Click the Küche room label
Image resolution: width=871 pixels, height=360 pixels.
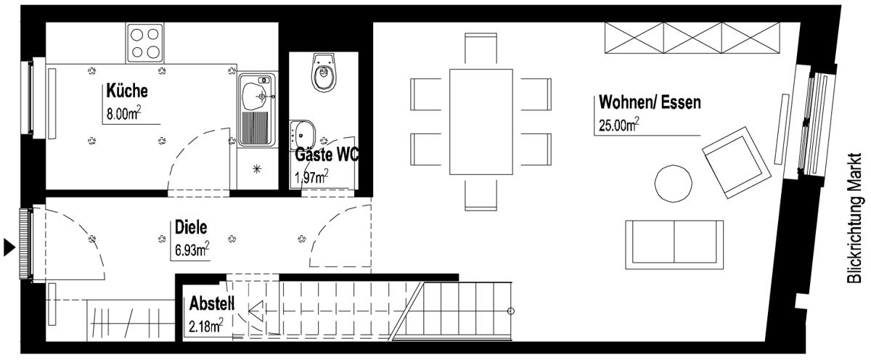point(127,91)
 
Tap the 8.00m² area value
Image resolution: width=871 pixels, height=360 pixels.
point(123,113)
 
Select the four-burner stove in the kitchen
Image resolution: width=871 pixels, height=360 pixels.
point(144,43)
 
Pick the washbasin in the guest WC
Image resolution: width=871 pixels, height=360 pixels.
point(302,134)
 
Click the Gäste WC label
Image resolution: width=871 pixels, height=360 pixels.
point(327,155)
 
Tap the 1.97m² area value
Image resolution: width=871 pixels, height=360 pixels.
point(311,177)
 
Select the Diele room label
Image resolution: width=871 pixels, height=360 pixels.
point(190,227)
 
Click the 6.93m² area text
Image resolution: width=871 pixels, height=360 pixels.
point(192,249)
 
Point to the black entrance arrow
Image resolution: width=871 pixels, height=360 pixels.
point(9,247)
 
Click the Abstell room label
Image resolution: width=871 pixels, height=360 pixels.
point(212,303)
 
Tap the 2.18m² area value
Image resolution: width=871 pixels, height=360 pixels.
point(205,326)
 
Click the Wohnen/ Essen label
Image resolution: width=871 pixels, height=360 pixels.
point(650,102)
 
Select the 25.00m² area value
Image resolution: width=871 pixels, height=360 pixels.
point(619,125)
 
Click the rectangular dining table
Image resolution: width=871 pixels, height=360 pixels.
point(481,122)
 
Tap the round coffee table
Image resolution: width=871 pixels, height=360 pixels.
point(673,184)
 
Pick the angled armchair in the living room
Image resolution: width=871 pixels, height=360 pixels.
point(737,163)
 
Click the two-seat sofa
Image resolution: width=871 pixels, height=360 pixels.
point(674,245)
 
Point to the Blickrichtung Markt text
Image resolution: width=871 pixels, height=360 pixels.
point(854,218)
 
